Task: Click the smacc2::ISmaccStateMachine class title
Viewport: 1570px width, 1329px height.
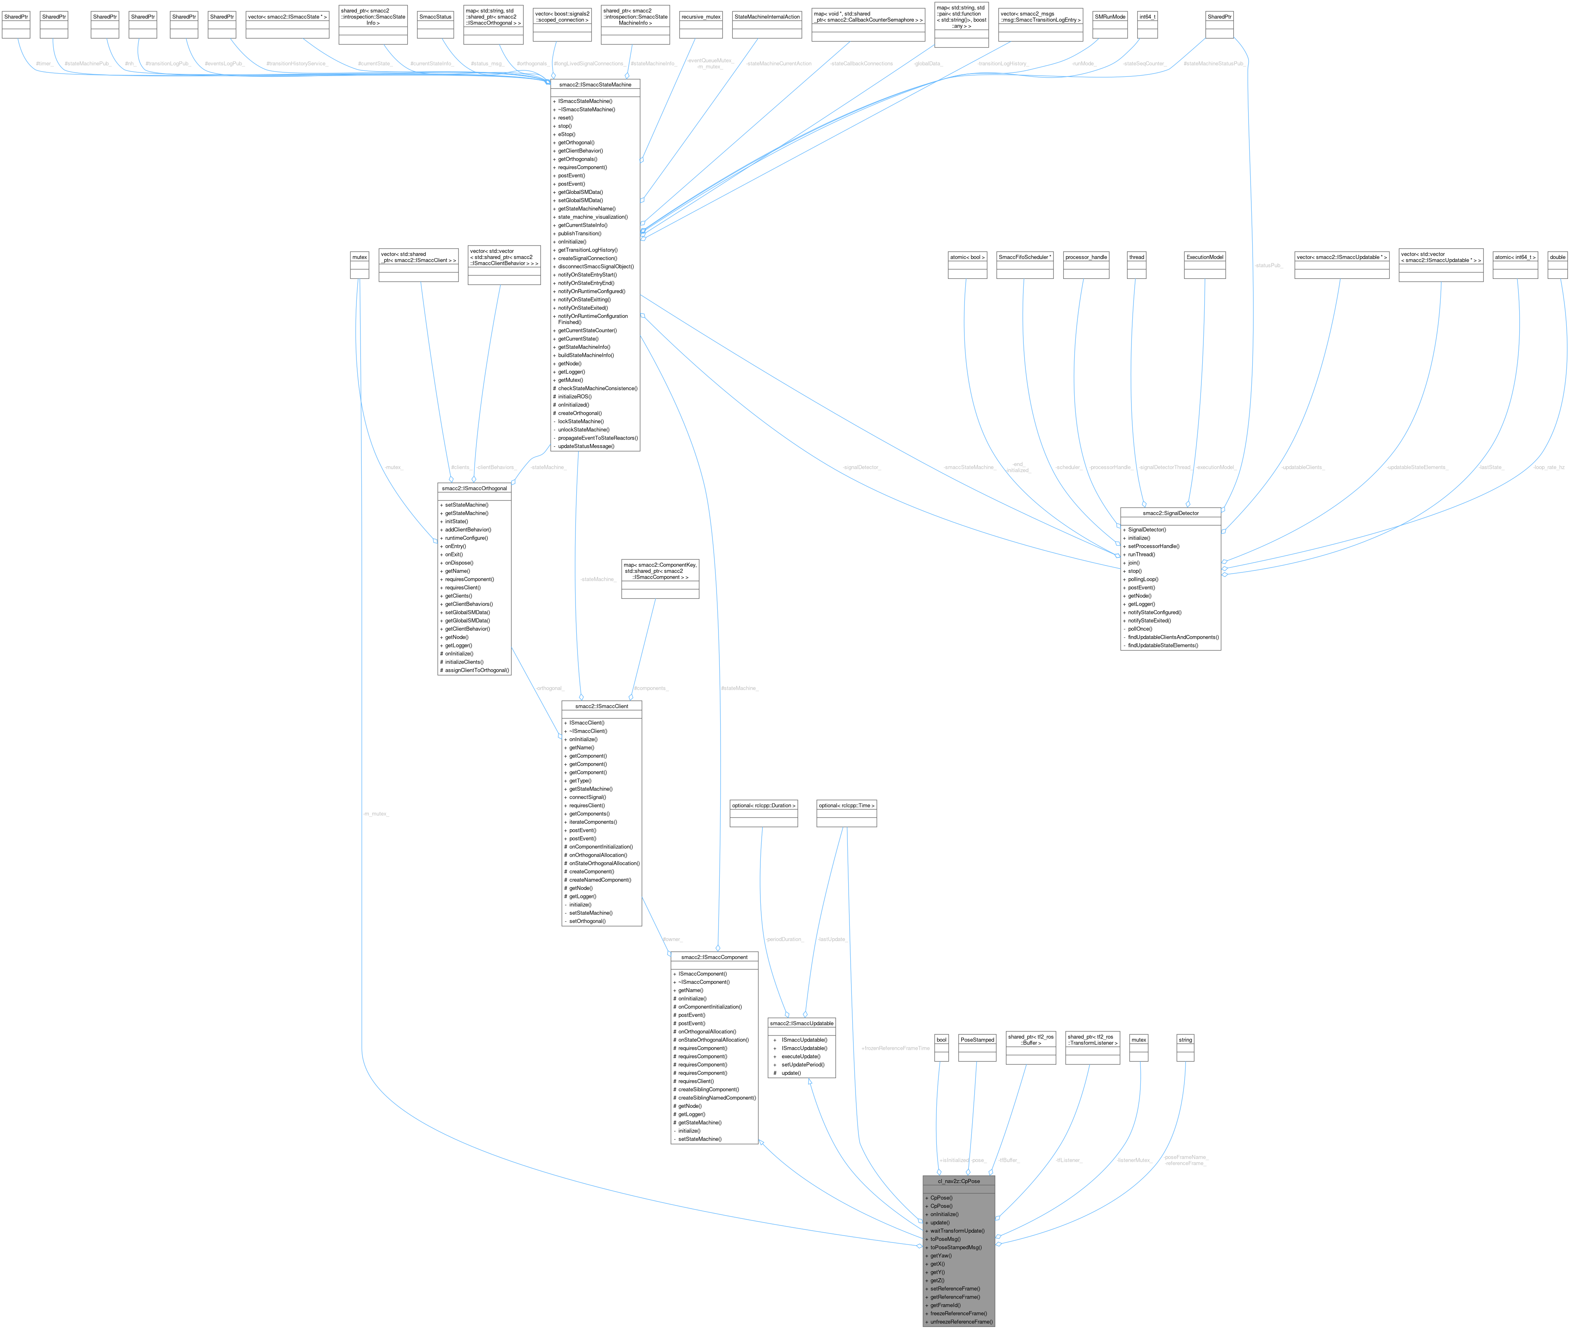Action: coord(595,85)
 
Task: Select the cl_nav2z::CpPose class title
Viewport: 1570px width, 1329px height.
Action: coord(959,1181)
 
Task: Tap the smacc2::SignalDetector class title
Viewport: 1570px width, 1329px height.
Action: coord(1170,513)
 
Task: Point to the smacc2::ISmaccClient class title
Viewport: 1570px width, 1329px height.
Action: coord(602,706)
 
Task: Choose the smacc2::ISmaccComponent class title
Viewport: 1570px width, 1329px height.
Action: coord(714,957)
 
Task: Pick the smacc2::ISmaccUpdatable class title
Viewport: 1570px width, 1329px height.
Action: coord(801,1023)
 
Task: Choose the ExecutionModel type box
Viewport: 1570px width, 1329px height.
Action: coord(1205,257)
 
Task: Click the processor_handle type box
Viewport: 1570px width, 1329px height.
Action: coord(1086,257)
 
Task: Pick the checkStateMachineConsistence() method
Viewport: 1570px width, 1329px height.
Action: coord(597,388)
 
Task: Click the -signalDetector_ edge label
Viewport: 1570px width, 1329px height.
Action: coord(862,467)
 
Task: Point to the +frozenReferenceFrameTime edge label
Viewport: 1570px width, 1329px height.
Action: coord(895,1048)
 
